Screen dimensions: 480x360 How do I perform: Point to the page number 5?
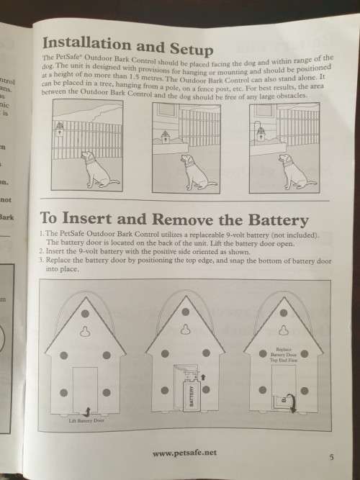coord(330,456)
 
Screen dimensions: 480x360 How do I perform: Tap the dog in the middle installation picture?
coord(189,168)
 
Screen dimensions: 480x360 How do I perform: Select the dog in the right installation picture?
coord(288,168)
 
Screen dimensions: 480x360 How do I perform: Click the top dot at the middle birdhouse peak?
coord(184,312)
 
